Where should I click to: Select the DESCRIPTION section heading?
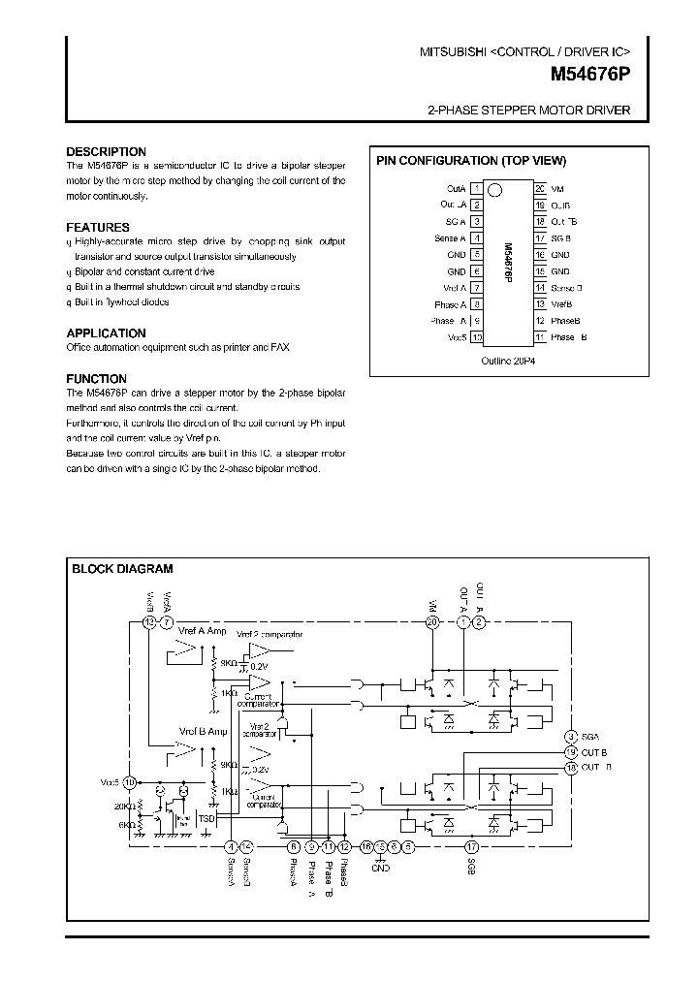tap(106, 152)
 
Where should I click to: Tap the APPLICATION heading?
tap(106, 332)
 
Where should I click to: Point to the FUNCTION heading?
tap(96, 378)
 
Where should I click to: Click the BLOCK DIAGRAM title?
tap(122, 569)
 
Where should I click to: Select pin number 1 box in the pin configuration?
tap(476, 188)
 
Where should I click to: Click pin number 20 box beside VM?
tap(539, 188)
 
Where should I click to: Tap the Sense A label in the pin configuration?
tap(450, 238)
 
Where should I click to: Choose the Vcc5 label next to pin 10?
tap(457, 337)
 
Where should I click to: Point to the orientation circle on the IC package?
tap(494, 190)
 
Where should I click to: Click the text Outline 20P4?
tap(507, 359)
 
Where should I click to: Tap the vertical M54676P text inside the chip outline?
tap(508, 263)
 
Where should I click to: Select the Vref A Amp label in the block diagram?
tap(202, 631)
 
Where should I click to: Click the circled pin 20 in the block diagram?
tap(432, 622)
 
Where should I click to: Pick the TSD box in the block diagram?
tap(206, 819)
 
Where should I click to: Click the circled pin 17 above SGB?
tap(471, 846)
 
